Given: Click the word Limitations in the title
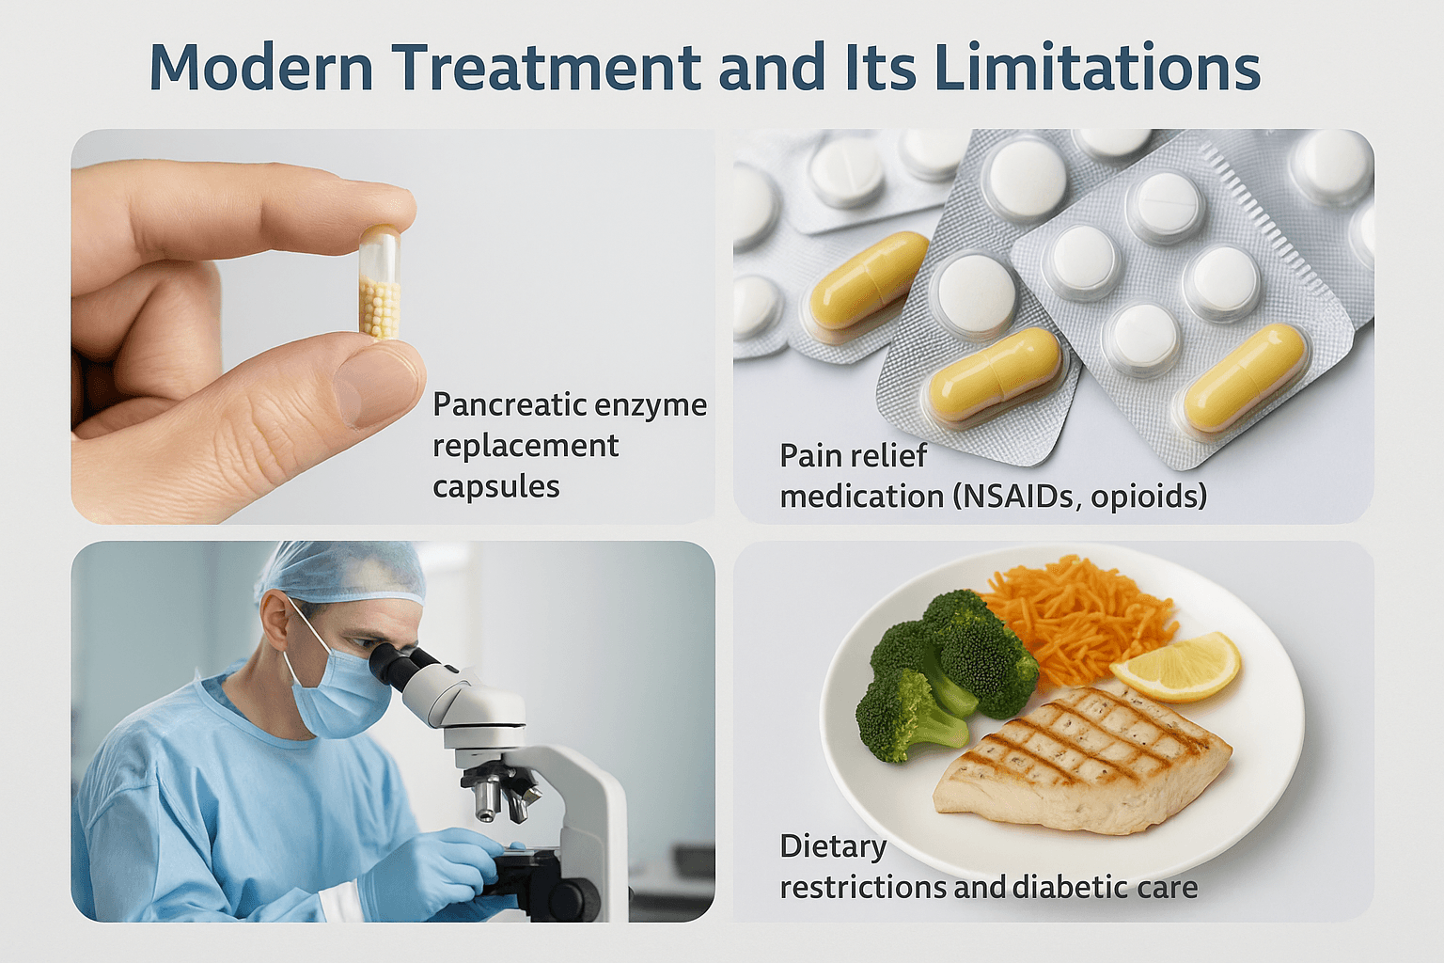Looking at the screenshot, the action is point(1096,67).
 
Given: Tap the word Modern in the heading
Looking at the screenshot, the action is point(261,67).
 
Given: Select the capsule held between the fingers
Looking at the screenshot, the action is point(380,282).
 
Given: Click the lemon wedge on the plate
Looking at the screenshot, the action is point(1175,667).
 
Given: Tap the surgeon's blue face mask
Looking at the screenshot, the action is point(336,690).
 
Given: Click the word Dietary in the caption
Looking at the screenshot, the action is point(833,847).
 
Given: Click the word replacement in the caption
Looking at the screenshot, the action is point(526,447).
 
